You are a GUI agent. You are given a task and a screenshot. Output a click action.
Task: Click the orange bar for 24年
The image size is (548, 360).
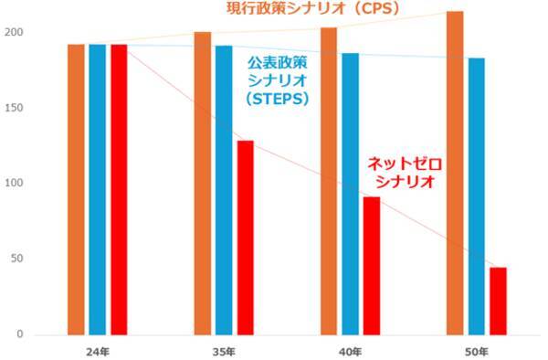pyautogui.click(x=76, y=189)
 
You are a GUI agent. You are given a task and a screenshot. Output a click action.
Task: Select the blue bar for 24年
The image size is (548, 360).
pyautogui.click(x=98, y=189)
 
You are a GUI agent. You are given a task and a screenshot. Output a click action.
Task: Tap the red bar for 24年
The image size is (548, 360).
pyautogui.click(x=119, y=189)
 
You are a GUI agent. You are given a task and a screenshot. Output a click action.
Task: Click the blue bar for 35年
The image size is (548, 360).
pyautogui.click(x=224, y=189)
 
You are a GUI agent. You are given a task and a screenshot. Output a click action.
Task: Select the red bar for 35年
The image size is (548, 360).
pyautogui.click(x=245, y=238)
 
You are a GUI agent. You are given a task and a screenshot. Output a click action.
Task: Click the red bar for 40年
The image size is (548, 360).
pyautogui.click(x=372, y=265)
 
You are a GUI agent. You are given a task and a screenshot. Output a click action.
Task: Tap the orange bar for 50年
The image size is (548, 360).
pyautogui.click(x=455, y=173)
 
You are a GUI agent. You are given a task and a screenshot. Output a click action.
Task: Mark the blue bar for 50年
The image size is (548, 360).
pyautogui.click(x=477, y=196)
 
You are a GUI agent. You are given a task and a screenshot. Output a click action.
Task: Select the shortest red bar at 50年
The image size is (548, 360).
pyautogui.click(x=498, y=301)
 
